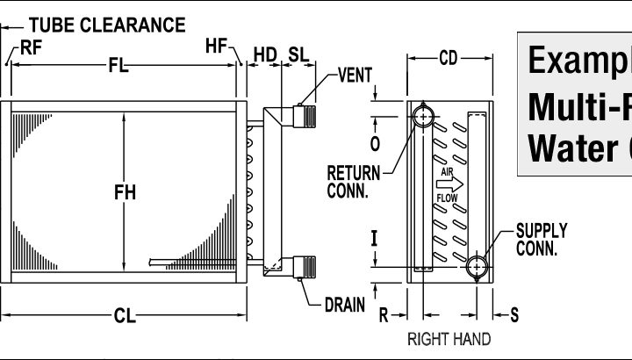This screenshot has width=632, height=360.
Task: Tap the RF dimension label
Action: [x=32, y=49]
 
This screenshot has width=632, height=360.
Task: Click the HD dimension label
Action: [x=264, y=54]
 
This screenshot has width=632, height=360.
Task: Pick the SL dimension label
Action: [x=298, y=54]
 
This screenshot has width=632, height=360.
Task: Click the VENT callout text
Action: [x=355, y=76]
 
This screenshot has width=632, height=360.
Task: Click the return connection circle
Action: [x=425, y=115]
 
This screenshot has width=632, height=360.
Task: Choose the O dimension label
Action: [x=375, y=142]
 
